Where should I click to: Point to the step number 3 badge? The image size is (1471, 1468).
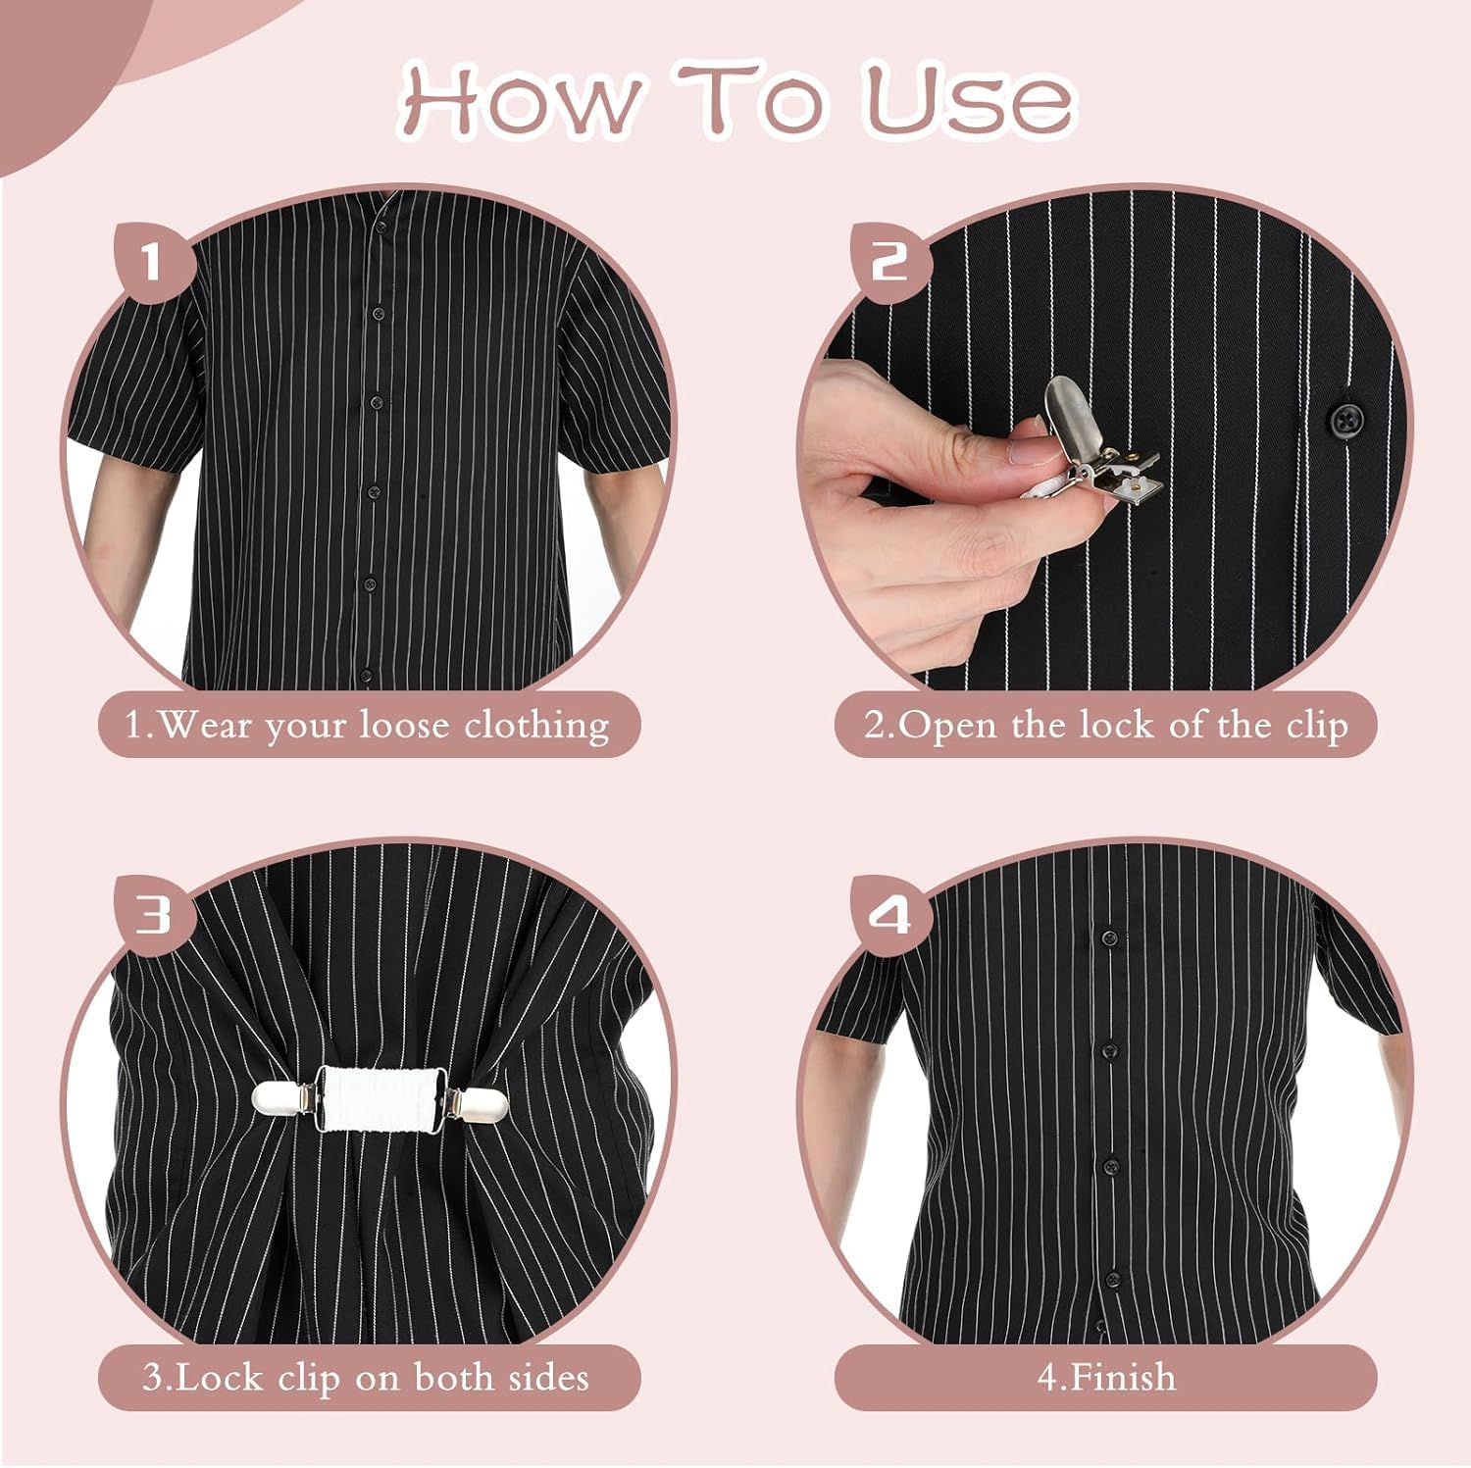[153, 915]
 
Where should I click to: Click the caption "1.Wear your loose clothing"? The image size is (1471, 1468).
[368, 725]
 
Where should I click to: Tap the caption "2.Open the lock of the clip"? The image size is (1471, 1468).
[1105, 725]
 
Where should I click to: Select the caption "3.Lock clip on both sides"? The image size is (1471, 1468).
[368, 1377]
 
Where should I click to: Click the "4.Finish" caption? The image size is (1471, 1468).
[1105, 1377]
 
